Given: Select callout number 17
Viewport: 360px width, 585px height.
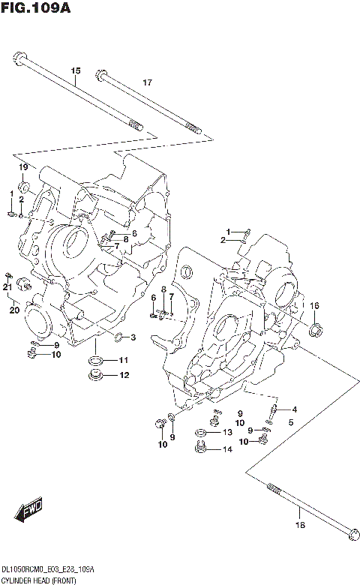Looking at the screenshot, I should [147, 82].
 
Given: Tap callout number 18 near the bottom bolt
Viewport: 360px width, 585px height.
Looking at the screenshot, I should [299, 525].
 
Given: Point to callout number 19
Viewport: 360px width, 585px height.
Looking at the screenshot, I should [23, 166].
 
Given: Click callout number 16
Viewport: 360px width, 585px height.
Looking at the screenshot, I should [314, 305].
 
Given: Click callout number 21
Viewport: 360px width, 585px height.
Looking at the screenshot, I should [7, 287].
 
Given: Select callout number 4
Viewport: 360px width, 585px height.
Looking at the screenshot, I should [295, 409].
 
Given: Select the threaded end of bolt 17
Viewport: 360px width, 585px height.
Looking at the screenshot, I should [193, 130].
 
